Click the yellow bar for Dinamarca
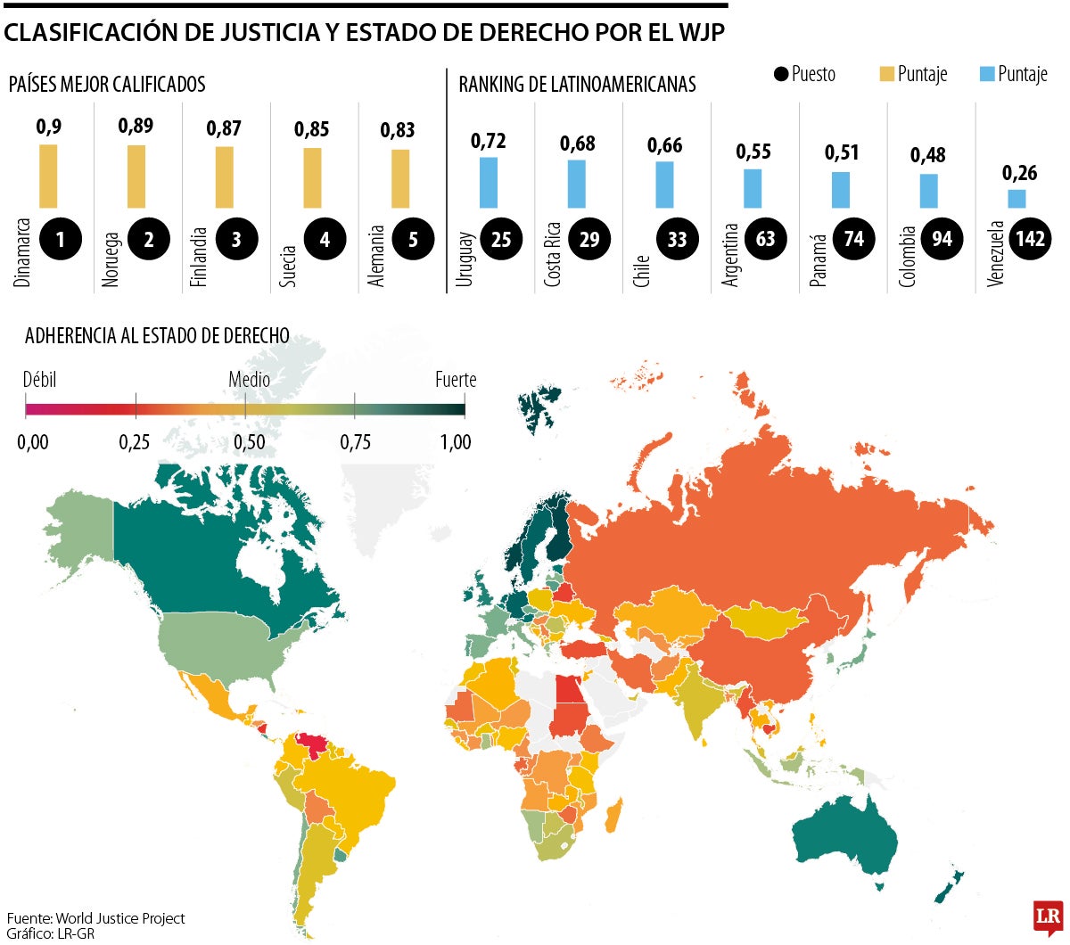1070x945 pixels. [x=48, y=176]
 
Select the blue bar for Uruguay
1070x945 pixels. [x=489, y=182]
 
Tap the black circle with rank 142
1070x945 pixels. [x=1030, y=239]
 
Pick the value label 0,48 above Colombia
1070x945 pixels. [x=928, y=155]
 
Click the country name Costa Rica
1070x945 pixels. [x=553, y=254]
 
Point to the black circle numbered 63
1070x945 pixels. [x=765, y=239]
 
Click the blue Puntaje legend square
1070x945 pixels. [x=987, y=74]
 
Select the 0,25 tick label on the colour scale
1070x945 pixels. [x=135, y=442]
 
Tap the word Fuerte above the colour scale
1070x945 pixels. [x=456, y=380]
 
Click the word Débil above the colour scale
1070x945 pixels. [x=40, y=380]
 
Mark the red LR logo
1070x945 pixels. [x=1048, y=916]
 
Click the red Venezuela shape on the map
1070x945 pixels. [x=312, y=742]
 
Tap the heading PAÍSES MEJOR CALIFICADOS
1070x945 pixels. [x=107, y=85]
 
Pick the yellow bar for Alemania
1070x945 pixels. [x=400, y=178]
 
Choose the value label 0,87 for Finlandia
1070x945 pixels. [x=224, y=128]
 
